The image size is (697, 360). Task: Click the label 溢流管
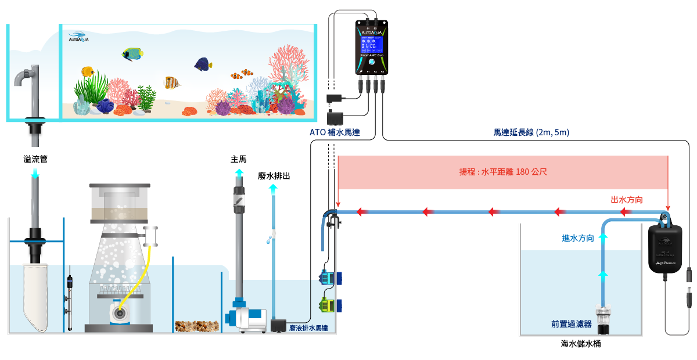pyautogui.click(x=35, y=159)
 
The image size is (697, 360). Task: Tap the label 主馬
pyautogui.click(x=239, y=159)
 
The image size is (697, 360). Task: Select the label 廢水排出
pyautogui.click(x=274, y=175)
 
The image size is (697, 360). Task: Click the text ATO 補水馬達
pyautogui.click(x=335, y=132)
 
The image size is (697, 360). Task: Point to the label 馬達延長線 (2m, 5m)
pyautogui.click(x=531, y=132)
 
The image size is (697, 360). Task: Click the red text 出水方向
pyautogui.click(x=627, y=200)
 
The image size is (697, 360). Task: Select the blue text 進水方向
pyautogui.click(x=577, y=238)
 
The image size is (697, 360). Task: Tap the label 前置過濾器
pyautogui.click(x=571, y=324)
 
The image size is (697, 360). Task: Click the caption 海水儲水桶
pyautogui.click(x=580, y=344)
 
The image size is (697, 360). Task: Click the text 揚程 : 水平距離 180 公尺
pyautogui.click(x=503, y=172)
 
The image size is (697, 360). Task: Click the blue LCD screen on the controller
pyautogui.click(x=371, y=45)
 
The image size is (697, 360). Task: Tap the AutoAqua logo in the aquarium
pyautogui.click(x=78, y=37)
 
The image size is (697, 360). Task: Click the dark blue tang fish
pyautogui.click(x=203, y=63)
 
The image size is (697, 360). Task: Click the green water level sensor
pyautogui.click(x=327, y=304)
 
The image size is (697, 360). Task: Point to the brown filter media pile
pyautogui.click(x=197, y=326)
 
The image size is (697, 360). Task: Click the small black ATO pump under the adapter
pyautogui.click(x=335, y=117)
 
